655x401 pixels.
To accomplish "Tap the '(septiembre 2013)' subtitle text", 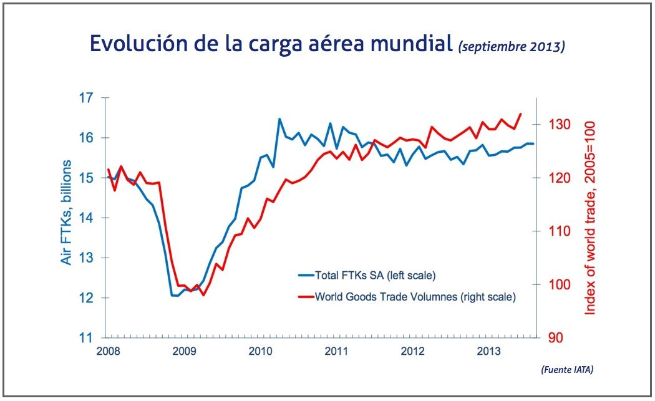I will (x=512, y=46).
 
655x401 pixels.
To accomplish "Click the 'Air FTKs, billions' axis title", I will (x=67, y=212).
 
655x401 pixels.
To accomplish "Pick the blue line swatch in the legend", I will (x=306, y=274).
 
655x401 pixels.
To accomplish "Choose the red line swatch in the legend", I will (x=306, y=297).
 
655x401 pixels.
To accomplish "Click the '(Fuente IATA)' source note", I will (x=566, y=370).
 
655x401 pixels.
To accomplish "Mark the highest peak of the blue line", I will (x=279, y=118).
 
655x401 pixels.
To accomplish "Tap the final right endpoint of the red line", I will (x=521, y=114).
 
